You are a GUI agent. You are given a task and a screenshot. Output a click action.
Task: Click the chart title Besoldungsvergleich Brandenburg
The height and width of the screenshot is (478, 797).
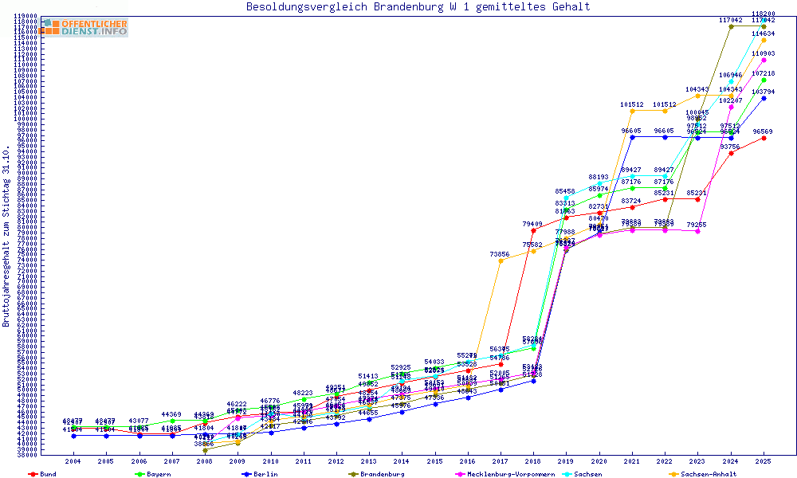[x=418, y=7]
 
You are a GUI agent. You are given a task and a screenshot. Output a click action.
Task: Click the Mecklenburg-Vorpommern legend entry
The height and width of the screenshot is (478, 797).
[x=516, y=474]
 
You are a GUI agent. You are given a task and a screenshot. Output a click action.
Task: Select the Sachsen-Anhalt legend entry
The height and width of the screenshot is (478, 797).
[x=708, y=474]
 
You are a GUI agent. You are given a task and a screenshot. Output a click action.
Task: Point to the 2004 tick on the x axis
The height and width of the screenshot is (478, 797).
[x=73, y=461]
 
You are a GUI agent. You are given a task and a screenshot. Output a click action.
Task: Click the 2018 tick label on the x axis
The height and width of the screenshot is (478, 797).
[x=533, y=461]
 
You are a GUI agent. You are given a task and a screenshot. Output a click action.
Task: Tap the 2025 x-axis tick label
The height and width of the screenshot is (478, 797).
[x=764, y=461]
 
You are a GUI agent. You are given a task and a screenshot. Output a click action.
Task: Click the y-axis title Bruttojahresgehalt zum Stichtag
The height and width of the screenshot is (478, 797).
[x=6, y=237]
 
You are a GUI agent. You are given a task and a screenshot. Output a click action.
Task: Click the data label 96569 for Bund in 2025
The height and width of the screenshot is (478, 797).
[x=763, y=131]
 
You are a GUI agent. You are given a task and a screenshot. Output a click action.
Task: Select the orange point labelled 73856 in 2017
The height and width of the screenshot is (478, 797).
[x=501, y=261]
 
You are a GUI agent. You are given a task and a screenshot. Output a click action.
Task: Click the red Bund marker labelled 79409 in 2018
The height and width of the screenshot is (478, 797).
[x=533, y=230]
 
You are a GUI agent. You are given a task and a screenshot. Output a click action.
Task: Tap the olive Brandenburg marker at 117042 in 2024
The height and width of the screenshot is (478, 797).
[x=731, y=26]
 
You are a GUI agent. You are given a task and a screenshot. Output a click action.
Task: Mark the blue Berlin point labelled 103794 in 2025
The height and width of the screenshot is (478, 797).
[x=764, y=98]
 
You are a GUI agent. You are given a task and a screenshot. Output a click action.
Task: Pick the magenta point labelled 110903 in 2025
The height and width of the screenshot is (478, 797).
[x=764, y=60]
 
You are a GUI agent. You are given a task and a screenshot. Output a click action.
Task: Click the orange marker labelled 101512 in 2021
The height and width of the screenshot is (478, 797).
[x=632, y=111]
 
